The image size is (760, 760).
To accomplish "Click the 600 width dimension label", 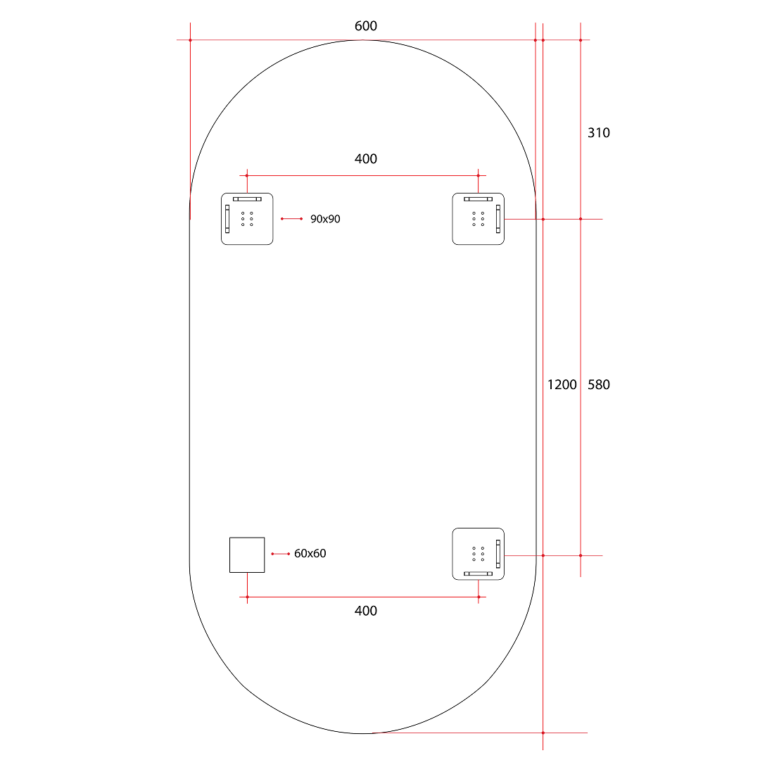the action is coord(365,26).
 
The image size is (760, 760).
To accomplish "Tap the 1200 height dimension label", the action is coord(562,385).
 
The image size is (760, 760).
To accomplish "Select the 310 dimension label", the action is coord(599,133).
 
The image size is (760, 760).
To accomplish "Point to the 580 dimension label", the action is coord(599,385).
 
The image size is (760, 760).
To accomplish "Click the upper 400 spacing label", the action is coord(365,159).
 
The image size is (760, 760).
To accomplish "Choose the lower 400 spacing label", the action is coord(365,611).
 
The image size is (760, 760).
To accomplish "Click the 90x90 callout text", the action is coord(325,219).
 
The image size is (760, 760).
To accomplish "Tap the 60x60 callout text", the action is coord(310,554).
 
